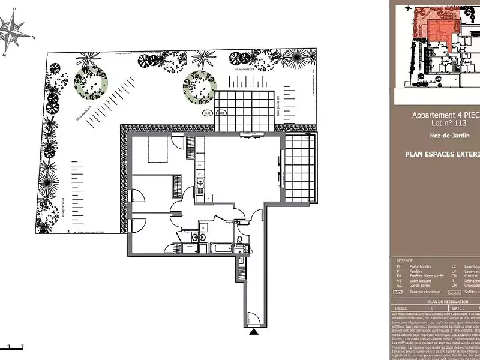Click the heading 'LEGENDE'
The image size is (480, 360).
point(404,261)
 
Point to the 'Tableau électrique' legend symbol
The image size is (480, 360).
point(398,292)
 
